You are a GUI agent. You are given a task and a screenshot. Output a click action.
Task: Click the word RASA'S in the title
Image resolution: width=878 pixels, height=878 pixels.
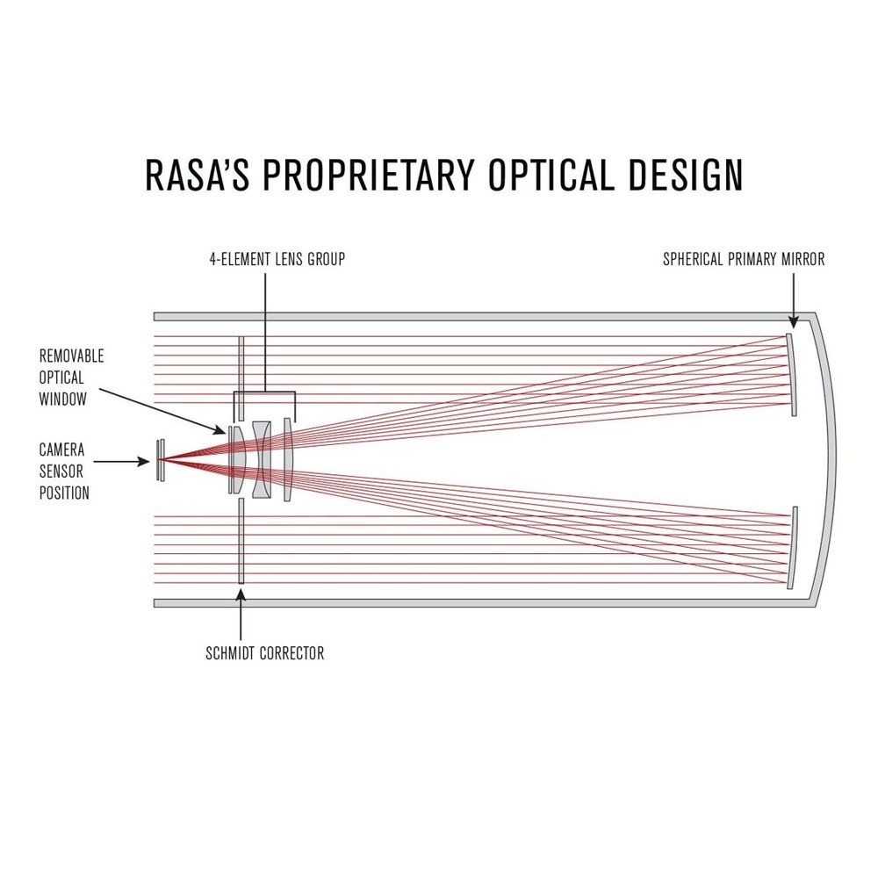coord(197,175)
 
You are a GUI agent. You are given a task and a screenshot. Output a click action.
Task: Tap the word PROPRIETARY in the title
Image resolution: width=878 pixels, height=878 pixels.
coord(369,175)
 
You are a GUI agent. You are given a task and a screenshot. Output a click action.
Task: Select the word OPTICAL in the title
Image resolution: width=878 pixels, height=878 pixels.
coord(551,175)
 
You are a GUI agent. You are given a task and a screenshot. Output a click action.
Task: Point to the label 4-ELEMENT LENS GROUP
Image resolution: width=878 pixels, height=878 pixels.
coord(277,259)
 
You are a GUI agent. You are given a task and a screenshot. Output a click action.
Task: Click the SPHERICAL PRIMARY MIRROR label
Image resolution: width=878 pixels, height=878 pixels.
coord(744,259)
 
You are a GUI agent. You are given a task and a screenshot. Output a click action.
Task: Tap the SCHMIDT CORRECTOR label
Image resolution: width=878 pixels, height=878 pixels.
coord(265,653)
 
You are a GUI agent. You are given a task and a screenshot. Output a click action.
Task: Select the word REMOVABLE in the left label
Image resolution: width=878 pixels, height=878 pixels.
coord(72,356)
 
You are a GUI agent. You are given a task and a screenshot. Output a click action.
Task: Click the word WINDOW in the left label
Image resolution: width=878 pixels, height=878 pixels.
coord(62,399)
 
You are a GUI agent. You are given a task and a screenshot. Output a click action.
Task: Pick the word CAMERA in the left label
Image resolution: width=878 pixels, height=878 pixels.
coord(61,450)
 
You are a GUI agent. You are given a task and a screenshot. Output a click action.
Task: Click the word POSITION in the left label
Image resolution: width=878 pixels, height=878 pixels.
coord(64,493)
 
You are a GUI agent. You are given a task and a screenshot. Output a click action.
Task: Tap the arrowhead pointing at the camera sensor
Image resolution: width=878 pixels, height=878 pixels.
coord(144,462)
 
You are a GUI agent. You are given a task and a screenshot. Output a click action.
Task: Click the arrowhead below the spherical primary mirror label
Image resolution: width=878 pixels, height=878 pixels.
coord(793,321)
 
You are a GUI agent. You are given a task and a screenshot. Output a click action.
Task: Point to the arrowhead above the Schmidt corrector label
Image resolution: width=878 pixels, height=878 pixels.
coord(241,594)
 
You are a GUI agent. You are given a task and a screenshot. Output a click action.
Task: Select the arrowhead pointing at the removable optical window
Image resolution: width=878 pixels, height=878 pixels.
coord(219,429)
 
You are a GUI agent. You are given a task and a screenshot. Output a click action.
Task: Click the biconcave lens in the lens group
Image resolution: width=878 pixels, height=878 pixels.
coord(262,459)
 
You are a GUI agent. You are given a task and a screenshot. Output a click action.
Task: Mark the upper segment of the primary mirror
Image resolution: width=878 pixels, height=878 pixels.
coord(791,375)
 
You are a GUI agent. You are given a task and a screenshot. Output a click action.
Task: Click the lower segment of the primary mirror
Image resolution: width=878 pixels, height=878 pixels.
coord(791,548)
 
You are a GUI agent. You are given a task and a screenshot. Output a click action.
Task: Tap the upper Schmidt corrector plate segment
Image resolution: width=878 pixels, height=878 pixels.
coord(241,378)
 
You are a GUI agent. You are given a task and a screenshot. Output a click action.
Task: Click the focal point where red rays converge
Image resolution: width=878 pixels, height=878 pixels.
coord(160,460)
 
